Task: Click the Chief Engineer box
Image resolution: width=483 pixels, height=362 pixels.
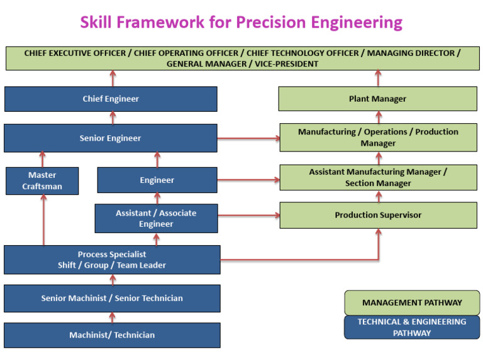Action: click(x=111, y=99)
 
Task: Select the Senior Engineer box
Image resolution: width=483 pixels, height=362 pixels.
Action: click(x=111, y=138)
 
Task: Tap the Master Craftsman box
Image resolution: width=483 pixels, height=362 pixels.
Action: click(x=42, y=180)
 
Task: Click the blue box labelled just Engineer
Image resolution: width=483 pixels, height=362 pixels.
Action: click(x=157, y=180)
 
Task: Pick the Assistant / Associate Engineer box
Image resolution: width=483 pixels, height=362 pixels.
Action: click(x=156, y=218)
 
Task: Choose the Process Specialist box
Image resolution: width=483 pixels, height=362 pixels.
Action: click(x=112, y=260)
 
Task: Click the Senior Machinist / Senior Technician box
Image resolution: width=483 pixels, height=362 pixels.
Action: click(x=112, y=298)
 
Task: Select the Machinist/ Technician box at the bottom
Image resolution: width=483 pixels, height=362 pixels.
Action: click(x=112, y=335)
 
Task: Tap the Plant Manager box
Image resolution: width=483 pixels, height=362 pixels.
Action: click(x=377, y=99)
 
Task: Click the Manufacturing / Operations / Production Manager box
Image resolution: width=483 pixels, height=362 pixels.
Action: click(x=377, y=138)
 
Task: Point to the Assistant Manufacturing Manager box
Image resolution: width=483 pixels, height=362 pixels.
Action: click(x=377, y=177)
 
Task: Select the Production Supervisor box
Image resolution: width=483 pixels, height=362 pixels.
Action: click(x=377, y=215)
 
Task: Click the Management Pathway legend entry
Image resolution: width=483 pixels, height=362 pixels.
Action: click(x=411, y=302)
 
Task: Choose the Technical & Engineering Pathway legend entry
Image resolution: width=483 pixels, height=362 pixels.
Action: click(x=411, y=327)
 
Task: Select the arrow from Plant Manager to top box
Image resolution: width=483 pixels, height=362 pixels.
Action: click(x=378, y=78)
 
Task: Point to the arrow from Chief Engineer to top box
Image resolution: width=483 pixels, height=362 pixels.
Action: click(x=113, y=78)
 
